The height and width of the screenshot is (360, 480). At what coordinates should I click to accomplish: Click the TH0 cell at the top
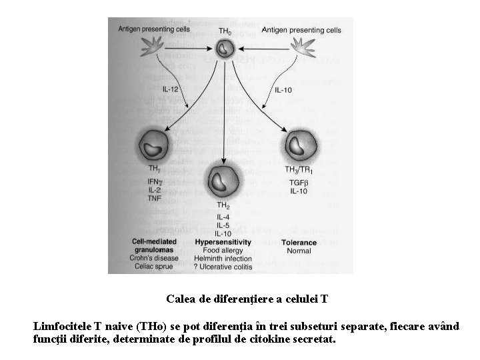pos(225,48)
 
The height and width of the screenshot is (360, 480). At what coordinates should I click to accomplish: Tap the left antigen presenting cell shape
pos(154,47)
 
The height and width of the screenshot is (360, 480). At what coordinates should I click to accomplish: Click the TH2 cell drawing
pos(223,181)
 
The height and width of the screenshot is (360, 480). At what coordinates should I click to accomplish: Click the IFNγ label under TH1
pos(156,181)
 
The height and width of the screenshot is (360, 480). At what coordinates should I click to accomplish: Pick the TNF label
pos(155,198)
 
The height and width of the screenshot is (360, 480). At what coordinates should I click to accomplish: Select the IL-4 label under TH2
pos(223,217)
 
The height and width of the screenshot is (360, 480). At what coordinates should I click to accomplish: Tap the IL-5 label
pos(223,225)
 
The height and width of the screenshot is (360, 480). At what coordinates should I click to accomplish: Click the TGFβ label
pos(299,181)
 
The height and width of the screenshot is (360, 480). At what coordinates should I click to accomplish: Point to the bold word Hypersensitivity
pos(223,242)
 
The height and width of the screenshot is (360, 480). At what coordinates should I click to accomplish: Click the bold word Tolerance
pos(299,242)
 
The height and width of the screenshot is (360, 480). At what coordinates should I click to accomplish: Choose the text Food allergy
pos(223,251)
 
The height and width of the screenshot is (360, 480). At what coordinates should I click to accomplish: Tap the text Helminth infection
pos(223,259)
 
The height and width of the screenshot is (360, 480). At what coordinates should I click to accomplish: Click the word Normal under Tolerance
pos(299,251)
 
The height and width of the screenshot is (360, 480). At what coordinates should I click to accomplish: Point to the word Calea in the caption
pos(181,299)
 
